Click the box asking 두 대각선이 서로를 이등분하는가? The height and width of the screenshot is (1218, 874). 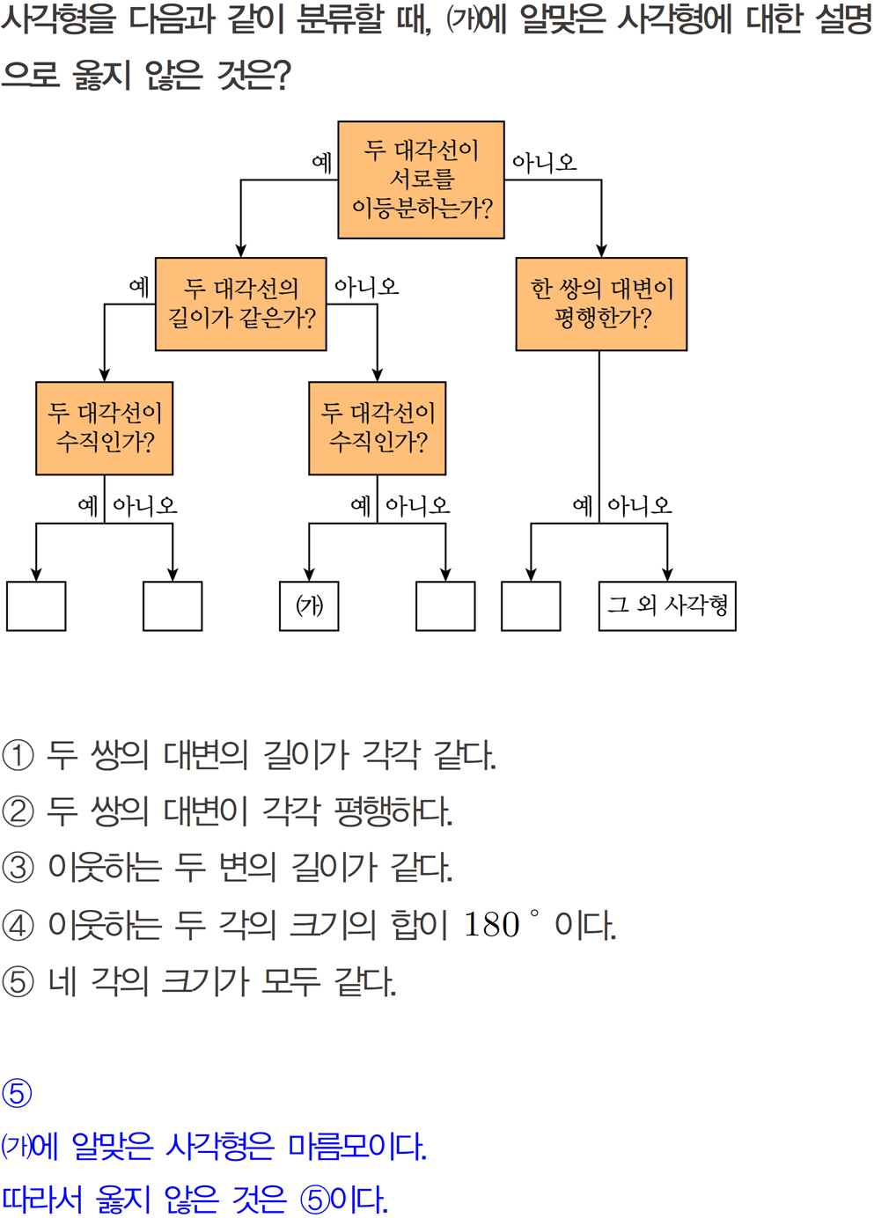pos(421,180)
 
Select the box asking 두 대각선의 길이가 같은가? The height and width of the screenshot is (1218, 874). pos(240,304)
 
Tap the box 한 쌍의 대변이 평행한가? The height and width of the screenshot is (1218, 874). pos(600,304)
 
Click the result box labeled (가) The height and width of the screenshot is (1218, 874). pos(309,605)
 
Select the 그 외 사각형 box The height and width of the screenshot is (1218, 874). pos(666,605)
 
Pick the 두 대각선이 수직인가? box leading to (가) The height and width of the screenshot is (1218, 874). pos(377,428)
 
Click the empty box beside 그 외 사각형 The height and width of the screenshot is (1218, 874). pos(531,605)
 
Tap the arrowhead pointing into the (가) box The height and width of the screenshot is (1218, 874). pos(309,575)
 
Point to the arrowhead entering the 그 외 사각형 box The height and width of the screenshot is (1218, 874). pos(667,575)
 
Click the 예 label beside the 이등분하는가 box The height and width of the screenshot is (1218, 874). pos(321,162)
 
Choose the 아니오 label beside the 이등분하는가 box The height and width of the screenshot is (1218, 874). pos(544,162)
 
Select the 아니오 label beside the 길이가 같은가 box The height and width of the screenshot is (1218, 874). pos(366,286)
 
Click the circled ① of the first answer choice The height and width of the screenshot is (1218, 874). pos(18,755)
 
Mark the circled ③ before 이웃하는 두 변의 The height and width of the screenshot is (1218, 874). pos(18,868)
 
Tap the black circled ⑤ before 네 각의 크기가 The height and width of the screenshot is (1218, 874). pos(18,981)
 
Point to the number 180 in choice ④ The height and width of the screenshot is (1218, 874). pos(491,925)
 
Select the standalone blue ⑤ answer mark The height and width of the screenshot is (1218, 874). pos(17,1093)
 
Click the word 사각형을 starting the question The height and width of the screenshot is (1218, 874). pos(58,19)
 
